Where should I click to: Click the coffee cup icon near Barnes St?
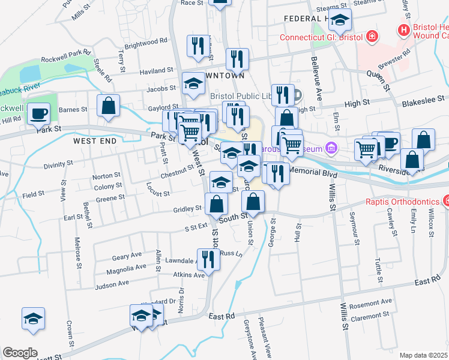pos(40,113)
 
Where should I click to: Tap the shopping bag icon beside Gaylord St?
pos(108,107)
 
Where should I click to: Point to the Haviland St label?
pos(156,72)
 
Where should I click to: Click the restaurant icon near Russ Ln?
pos(208,259)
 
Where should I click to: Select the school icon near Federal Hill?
pos(340,22)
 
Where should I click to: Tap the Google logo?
pos(20,353)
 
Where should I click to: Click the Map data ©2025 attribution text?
pos(423,355)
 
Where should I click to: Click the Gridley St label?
pos(187,209)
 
